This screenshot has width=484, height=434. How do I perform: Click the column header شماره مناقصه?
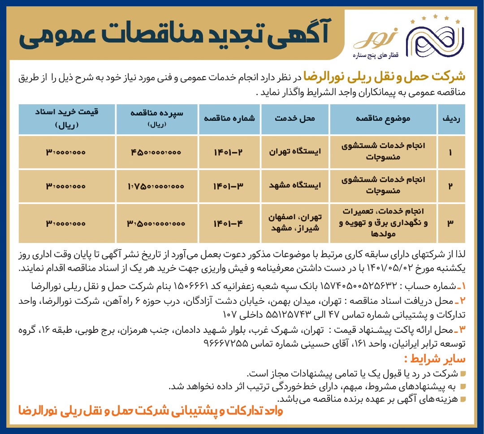(x=229, y=119)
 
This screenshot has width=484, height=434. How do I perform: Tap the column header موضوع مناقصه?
(x=383, y=119)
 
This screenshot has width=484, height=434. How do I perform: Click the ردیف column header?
(x=450, y=119)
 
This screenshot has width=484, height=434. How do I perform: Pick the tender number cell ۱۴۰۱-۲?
(x=229, y=152)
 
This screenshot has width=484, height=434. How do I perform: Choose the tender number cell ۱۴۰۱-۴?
(x=229, y=223)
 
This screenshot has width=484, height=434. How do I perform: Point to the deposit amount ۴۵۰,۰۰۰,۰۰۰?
(x=156, y=152)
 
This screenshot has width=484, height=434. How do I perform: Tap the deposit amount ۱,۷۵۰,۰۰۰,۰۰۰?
(x=156, y=185)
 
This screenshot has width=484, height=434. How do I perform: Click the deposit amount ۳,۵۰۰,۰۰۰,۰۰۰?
(x=156, y=223)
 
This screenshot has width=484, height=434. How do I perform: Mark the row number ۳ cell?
(x=450, y=223)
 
